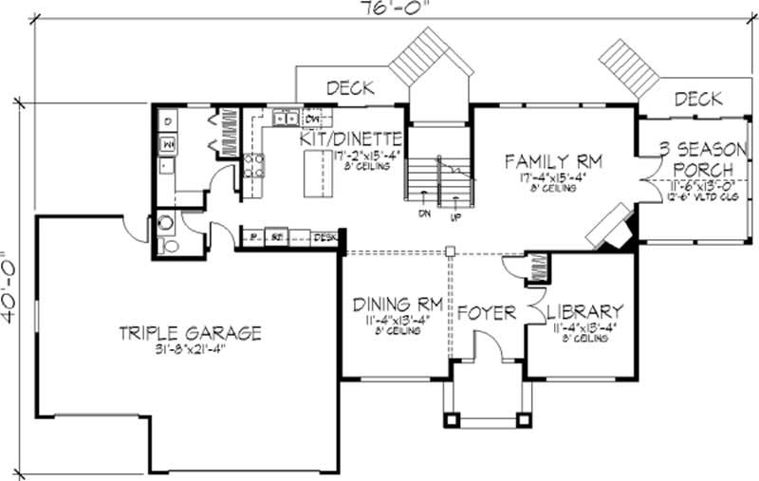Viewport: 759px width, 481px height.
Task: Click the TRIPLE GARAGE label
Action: pyautogui.click(x=190, y=333)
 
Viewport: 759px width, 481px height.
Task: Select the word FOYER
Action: pyautogui.click(x=487, y=312)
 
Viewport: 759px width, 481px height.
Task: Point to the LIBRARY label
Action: pyautogui.click(x=585, y=311)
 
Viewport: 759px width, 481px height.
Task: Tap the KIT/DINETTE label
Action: pyautogui.click(x=352, y=139)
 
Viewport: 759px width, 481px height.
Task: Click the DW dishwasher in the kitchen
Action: pyautogui.click(x=310, y=120)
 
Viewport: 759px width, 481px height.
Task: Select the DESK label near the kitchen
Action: pyautogui.click(x=325, y=236)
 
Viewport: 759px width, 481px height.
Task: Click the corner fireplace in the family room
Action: pyautogui.click(x=610, y=226)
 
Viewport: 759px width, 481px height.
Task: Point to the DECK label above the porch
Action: pyautogui.click(x=699, y=99)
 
